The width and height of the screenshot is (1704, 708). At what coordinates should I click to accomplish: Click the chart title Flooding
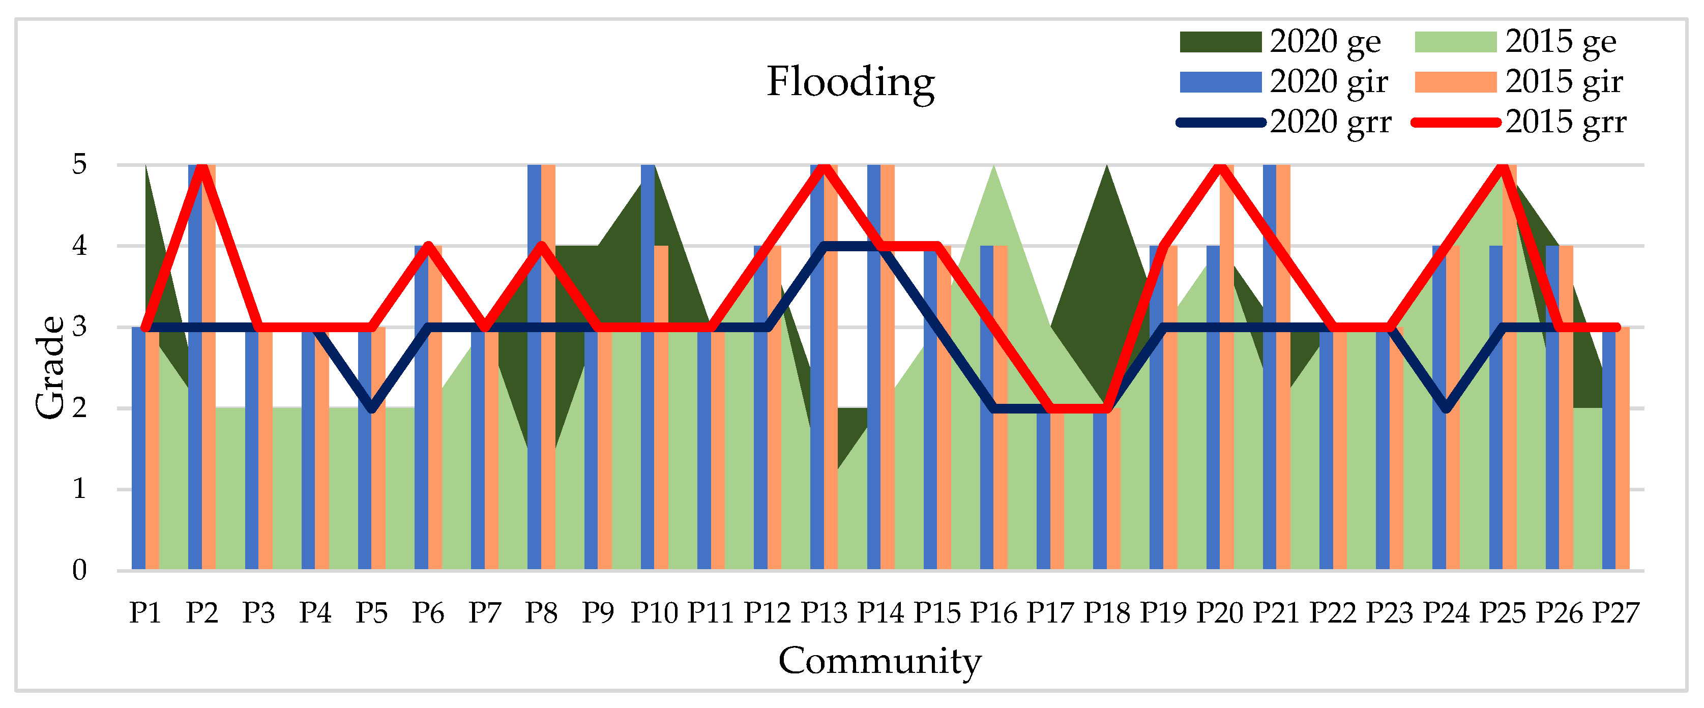coord(850,82)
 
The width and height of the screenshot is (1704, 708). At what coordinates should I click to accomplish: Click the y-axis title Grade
coord(50,367)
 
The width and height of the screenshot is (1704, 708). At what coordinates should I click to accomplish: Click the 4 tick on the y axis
coord(79,246)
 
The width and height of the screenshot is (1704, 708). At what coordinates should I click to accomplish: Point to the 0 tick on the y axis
coord(79,570)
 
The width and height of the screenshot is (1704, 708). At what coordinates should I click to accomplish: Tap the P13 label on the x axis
coord(824,613)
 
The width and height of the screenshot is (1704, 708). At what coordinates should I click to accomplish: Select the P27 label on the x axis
coord(1615,613)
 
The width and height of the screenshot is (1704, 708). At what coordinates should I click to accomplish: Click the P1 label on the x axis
coord(145,613)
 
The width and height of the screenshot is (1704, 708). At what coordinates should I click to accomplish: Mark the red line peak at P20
coord(1220,166)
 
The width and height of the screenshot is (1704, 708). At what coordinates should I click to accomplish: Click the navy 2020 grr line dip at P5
coord(372,408)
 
